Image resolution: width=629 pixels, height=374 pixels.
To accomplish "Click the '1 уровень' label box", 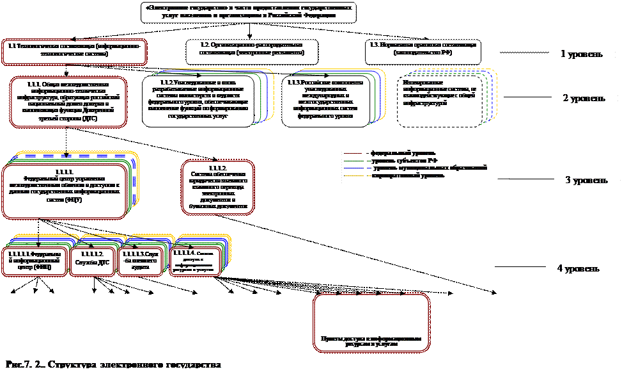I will pos(584,54).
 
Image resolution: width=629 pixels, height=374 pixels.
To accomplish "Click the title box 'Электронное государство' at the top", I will pos(249,12).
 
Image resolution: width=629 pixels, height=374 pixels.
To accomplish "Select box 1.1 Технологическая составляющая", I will pos(74,51).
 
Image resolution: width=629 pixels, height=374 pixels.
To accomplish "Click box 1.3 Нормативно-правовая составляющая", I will pos(423,49).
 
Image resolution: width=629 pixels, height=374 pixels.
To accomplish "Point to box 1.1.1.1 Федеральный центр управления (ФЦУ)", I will pos(63,190).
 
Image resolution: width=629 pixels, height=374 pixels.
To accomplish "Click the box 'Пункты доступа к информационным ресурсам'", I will pos(371,324).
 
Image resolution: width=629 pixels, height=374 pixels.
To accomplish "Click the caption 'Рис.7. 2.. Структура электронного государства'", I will pos(114,364).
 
